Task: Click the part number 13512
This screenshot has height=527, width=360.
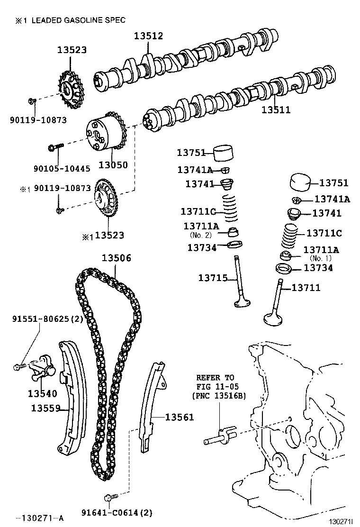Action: click(x=148, y=36)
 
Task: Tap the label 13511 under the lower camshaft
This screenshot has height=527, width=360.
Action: click(x=276, y=110)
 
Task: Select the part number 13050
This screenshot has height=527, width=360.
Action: click(x=113, y=165)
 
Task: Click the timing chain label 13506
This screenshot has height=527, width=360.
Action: click(x=116, y=258)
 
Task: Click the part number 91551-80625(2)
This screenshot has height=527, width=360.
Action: click(x=47, y=319)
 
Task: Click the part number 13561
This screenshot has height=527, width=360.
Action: click(x=180, y=417)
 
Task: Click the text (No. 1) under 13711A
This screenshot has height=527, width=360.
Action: click(x=321, y=258)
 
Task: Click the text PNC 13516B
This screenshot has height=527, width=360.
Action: click(x=219, y=396)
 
